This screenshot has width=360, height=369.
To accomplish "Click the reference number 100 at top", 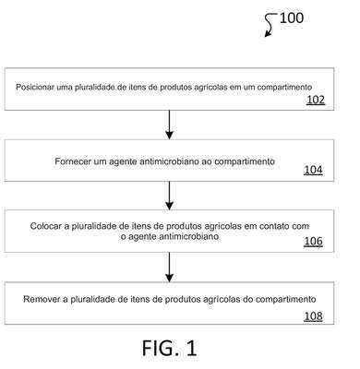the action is tap(292, 18).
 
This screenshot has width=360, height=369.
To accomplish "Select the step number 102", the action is tap(316, 100).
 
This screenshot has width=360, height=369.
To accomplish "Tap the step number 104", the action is tap(313, 170).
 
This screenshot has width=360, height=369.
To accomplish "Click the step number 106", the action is tap(313, 242).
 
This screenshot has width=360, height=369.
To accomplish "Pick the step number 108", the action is tap(313, 316).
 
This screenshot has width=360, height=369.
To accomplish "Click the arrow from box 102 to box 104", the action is tap(169, 125).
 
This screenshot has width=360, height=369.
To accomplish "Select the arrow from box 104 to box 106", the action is tap(169, 196).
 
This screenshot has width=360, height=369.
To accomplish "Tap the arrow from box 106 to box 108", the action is tap(169, 267).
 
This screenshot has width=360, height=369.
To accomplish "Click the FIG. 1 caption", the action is tap(169, 348).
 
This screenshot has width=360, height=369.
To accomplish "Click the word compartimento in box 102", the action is tap(284, 88).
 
